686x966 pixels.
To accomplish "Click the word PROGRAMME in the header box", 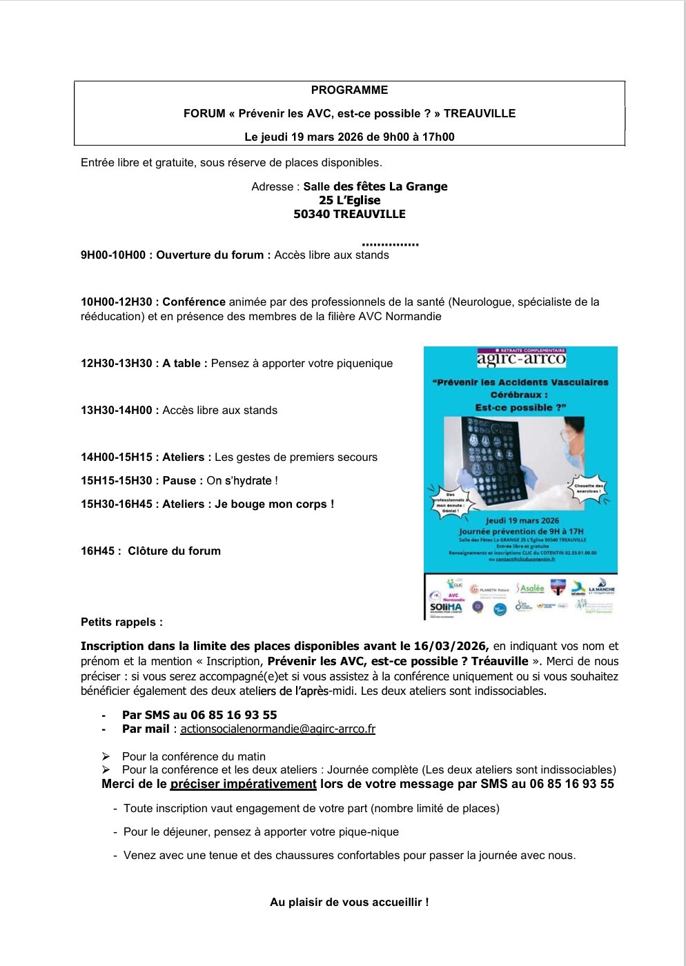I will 349,90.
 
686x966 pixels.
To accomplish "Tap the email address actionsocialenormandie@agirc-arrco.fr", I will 277,729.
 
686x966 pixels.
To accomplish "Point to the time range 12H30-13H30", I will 116,363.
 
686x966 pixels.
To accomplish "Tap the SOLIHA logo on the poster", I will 446,607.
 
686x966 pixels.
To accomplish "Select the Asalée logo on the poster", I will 530,589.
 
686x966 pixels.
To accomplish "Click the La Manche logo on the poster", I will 601,589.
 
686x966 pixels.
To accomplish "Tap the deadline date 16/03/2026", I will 451,646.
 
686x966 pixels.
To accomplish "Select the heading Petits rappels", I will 121,622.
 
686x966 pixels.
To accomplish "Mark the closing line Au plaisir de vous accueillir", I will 349,902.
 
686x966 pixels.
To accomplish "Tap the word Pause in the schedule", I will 182,480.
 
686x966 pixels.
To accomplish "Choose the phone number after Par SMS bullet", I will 233,715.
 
